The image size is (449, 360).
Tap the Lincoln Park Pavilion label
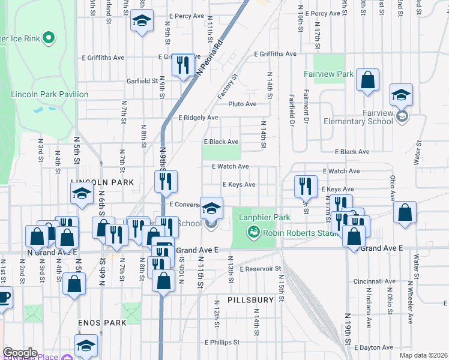point(49,94)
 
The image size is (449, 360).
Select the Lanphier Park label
point(265,217)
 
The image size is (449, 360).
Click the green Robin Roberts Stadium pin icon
point(254,231)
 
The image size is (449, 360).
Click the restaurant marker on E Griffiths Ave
point(182,64)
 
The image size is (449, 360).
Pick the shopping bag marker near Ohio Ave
point(405,213)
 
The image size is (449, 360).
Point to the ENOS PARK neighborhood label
point(102,322)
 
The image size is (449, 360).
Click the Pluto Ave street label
point(242,104)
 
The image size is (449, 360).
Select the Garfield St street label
point(142,80)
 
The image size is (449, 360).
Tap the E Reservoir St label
point(260,269)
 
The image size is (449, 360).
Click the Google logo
point(20,353)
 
